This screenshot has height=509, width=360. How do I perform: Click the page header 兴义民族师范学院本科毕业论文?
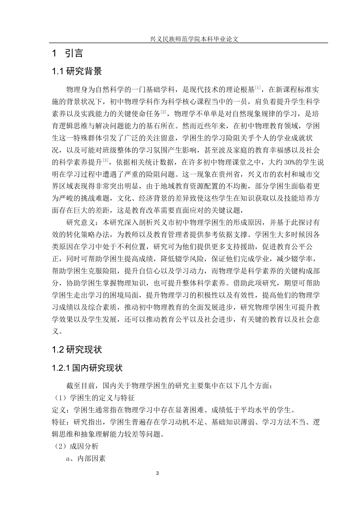[188, 39]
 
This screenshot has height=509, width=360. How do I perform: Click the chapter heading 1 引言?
[68, 53]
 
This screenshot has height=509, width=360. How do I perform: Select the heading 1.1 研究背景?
[77, 71]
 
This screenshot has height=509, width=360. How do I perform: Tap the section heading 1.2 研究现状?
[77, 349]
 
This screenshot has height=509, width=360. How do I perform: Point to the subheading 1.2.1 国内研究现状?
[87, 368]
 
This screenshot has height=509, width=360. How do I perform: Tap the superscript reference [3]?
[106, 160]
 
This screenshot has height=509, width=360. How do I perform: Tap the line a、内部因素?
[86, 458]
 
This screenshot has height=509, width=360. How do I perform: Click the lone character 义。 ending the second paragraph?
[56, 331]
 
